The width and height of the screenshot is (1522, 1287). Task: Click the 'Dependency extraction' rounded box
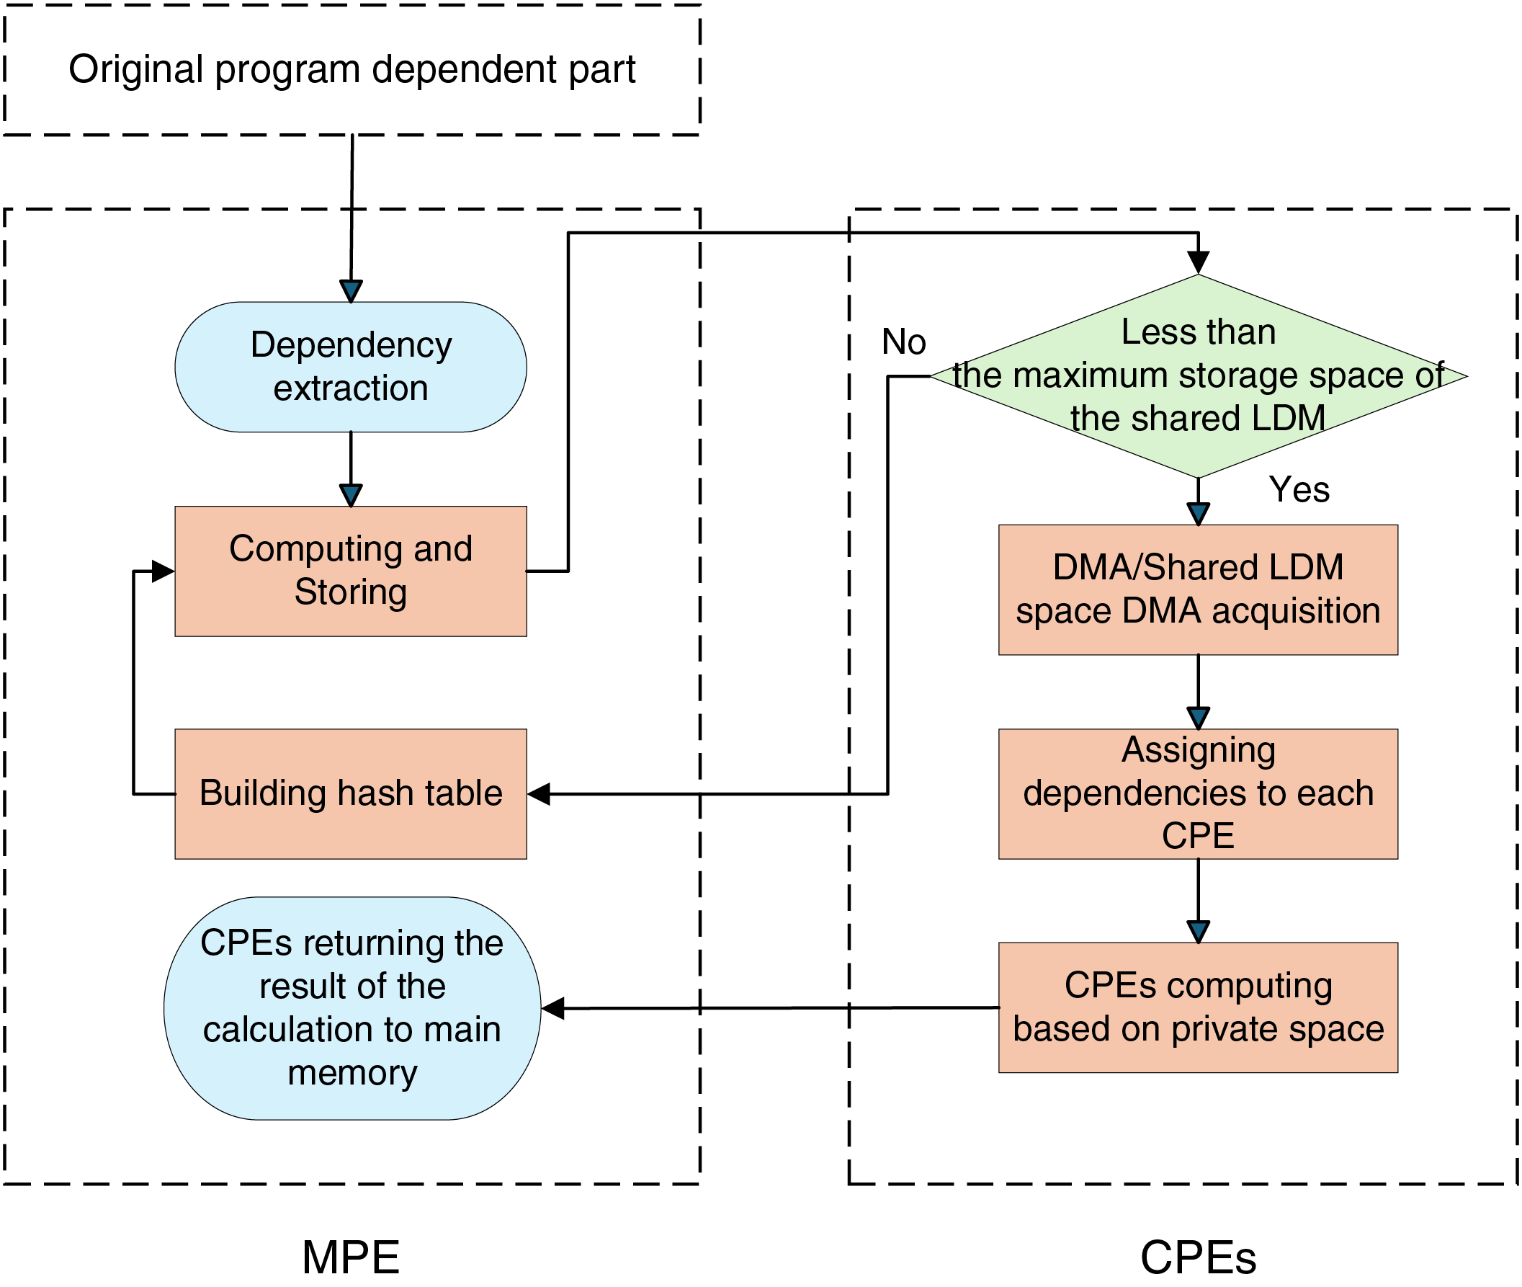[351, 367]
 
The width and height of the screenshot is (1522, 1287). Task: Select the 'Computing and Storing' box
[351, 571]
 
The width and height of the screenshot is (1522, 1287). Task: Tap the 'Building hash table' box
[351, 794]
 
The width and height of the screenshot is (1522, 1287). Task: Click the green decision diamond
[1198, 376]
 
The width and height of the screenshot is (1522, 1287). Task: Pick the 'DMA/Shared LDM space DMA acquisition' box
[1198, 590]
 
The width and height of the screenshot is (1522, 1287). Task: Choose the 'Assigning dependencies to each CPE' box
[1198, 794]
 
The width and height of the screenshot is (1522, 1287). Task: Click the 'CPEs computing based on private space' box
[1198, 1007]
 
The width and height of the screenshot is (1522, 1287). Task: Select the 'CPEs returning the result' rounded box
[352, 1008]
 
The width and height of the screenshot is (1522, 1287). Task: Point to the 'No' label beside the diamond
[903, 342]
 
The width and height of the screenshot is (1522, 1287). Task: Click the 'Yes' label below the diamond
[1299, 489]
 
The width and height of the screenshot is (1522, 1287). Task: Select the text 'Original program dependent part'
[352, 69]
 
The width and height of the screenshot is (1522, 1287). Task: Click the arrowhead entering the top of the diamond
[1198, 262]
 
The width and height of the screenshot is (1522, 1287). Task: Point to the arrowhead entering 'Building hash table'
[539, 794]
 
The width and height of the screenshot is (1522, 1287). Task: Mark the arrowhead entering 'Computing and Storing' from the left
[164, 571]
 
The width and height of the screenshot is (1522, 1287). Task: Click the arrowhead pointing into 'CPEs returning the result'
[552, 1008]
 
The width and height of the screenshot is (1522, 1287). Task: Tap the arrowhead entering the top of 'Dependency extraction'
[351, 291]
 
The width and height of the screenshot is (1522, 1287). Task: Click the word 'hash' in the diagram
[377, 793]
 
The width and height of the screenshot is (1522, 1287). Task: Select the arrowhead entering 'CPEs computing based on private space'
[1198, 932]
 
